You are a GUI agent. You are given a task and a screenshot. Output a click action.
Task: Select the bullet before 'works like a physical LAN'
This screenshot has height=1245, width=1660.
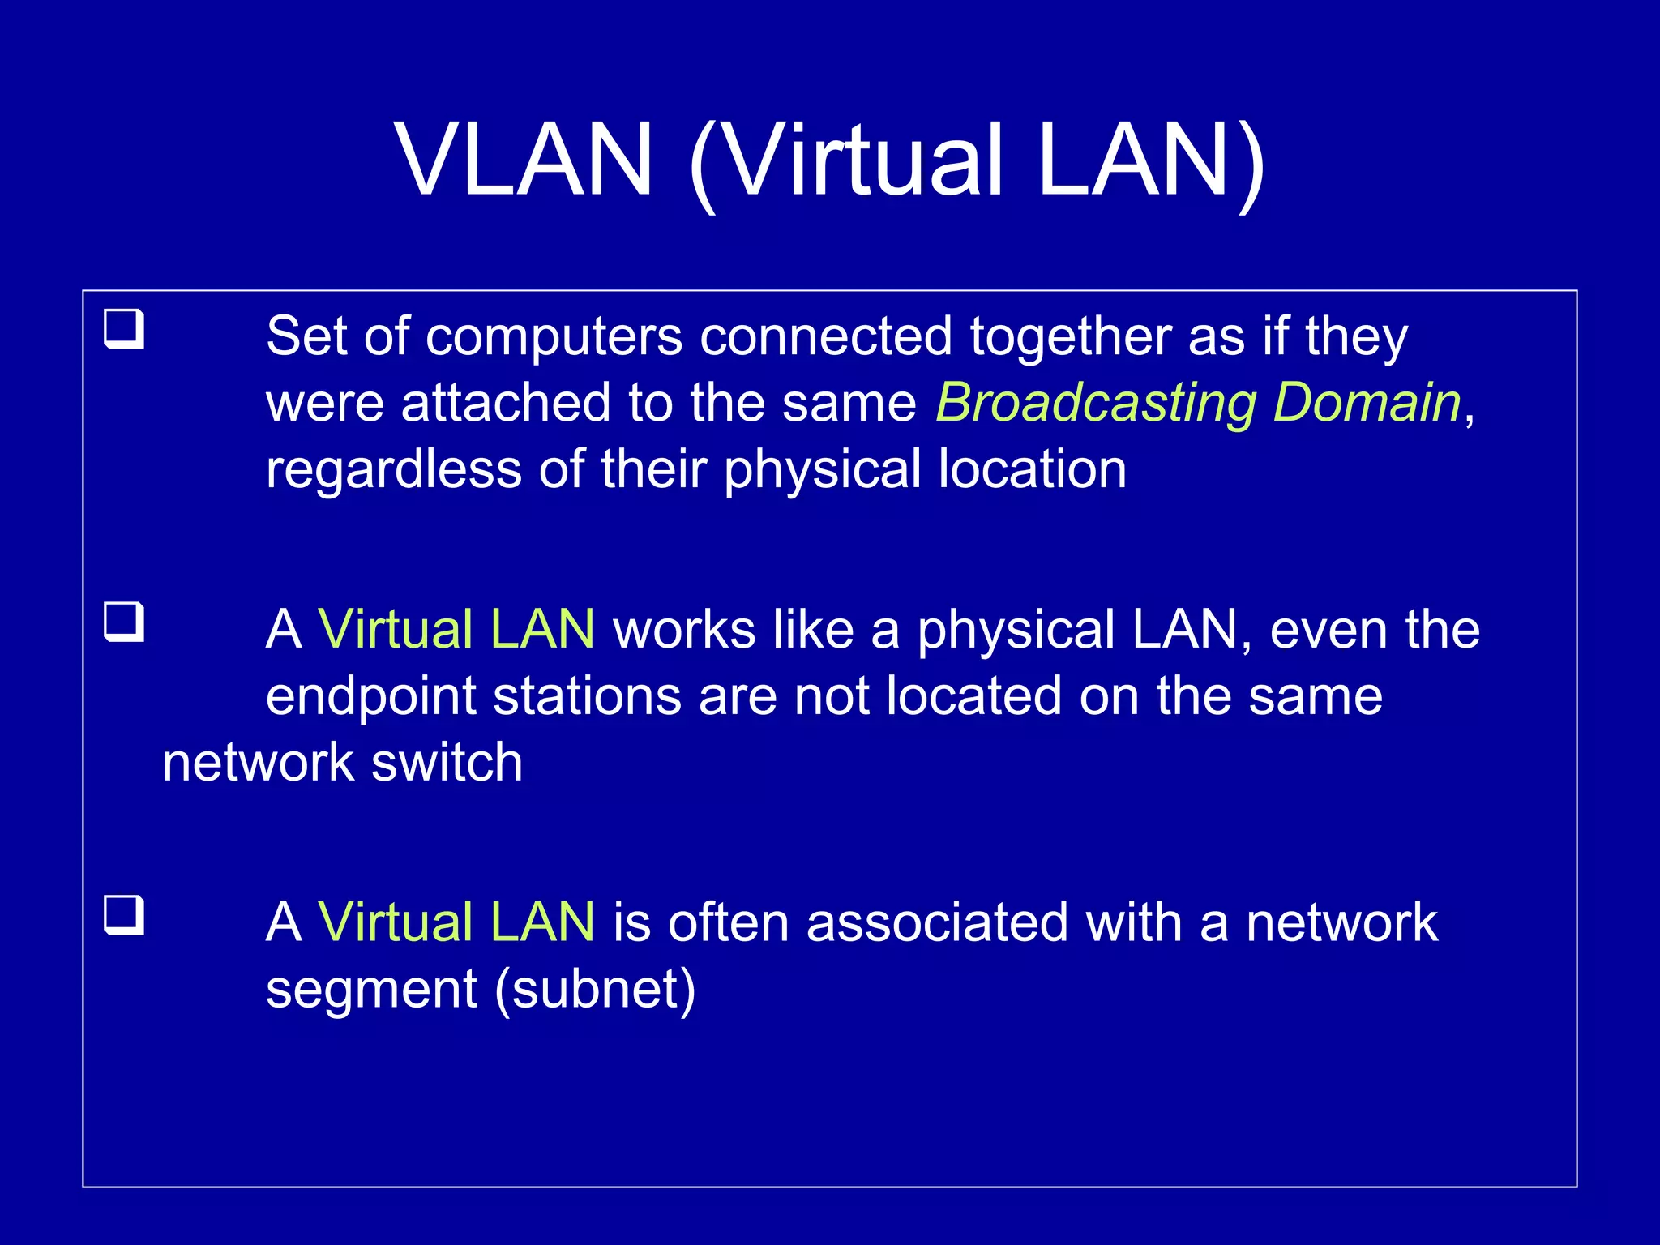(x=124, y=622)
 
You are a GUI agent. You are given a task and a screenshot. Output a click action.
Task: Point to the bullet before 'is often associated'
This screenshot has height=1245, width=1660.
(x=124, y=916)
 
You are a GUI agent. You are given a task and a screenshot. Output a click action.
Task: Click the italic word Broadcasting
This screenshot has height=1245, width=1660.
(x=1096, y=403)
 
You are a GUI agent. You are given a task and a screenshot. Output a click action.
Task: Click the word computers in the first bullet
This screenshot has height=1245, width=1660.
(x=554, y=336)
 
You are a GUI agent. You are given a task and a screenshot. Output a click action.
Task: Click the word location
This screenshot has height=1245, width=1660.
(x=1032, y=469)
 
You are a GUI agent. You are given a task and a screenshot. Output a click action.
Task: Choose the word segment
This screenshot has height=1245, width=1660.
(x=371, y=990)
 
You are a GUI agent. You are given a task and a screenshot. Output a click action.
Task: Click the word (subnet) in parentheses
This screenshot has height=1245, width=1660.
(x=595, y=990)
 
